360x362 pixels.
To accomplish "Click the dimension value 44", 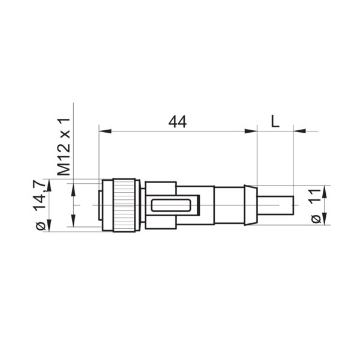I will pyautogui.click(x=177, y=121).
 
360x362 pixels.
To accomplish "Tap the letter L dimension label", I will pyautogui.click(x=275, y=121).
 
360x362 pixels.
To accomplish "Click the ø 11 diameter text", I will pyautogui.click(x=316, y=205).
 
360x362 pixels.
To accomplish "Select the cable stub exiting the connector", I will pyautogui.click(x=276, y=205).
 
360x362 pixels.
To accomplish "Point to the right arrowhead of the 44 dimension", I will pyautogui.click(x=252, y=130).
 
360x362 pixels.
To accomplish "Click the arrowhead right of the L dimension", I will pyautogui.click(x=298, y=130).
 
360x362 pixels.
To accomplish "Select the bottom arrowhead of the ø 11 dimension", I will pyautogui.click(x=325, y=220).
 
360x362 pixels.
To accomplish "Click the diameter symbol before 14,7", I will pyautogui.click(x=41, y=226).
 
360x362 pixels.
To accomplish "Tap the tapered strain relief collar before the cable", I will pyautogui.click(x=248, y=205).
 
